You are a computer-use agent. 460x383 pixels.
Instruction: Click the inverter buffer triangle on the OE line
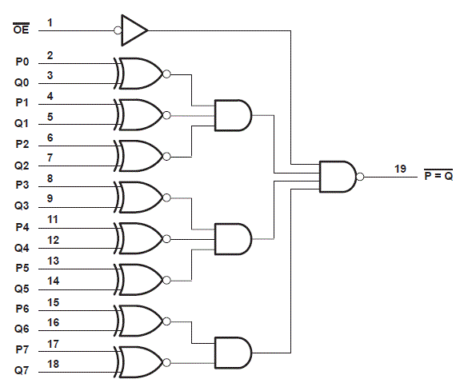click(x=134, y=31)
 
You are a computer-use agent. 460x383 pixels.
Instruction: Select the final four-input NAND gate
click(x=338, y=177)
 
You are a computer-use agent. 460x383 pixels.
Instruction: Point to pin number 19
click(x=400, y=169)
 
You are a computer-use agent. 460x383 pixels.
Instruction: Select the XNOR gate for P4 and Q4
click(x=140, y=237)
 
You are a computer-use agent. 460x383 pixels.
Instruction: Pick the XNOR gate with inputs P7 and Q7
click(x=140, y=361)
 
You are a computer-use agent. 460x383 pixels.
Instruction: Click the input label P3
click(x=22, y=186)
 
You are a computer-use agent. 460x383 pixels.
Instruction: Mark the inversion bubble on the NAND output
click(x=360, y=177)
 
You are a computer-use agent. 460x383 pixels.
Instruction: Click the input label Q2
click(x=22, y=166)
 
